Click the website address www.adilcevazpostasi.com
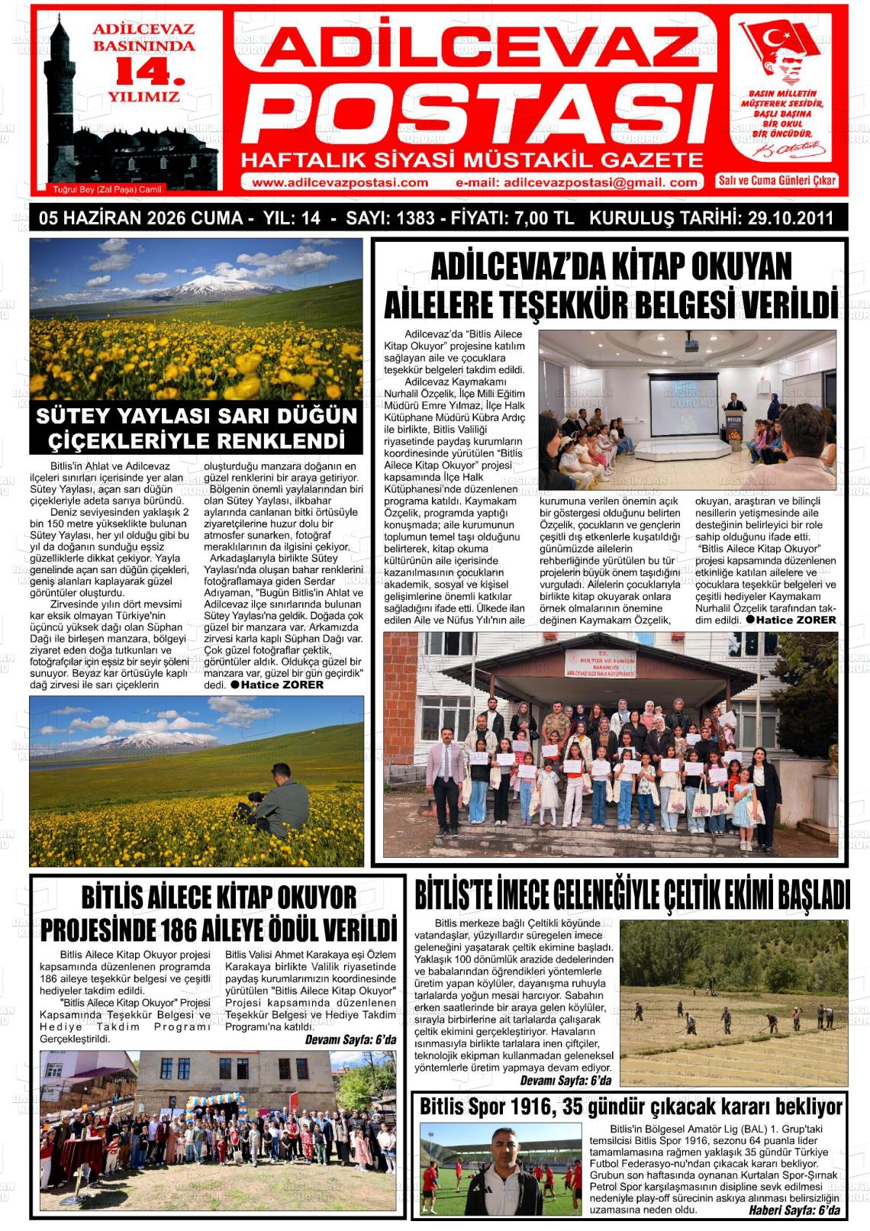pos(340,182)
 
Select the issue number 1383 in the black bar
pos(414,218)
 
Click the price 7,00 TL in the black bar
pos(543,218)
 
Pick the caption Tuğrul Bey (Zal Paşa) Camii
pos(108,189)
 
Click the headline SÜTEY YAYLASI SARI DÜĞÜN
pos(196,417)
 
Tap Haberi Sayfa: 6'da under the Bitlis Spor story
pos(794,1210)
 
